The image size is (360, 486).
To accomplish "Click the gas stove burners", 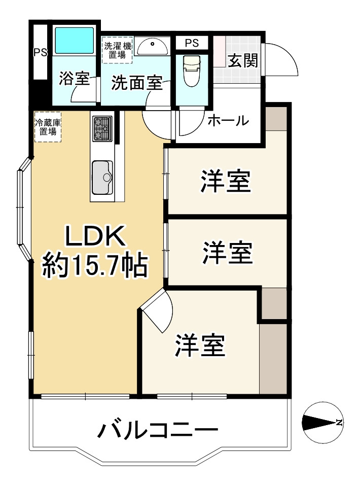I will click(102, 128).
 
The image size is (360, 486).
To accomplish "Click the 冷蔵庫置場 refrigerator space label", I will click(47, 127).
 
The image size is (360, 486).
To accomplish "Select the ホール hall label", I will click(228, 121).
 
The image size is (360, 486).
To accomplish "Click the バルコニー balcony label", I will click(158, 431).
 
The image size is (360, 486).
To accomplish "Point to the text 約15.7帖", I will click(95, 265).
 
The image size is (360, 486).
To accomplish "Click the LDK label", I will click(94, 236).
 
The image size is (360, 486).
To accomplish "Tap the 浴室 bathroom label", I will click(74, 79).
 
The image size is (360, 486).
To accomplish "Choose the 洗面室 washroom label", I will click(136, 82).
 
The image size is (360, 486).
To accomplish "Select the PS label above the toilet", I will click(192, 43).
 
